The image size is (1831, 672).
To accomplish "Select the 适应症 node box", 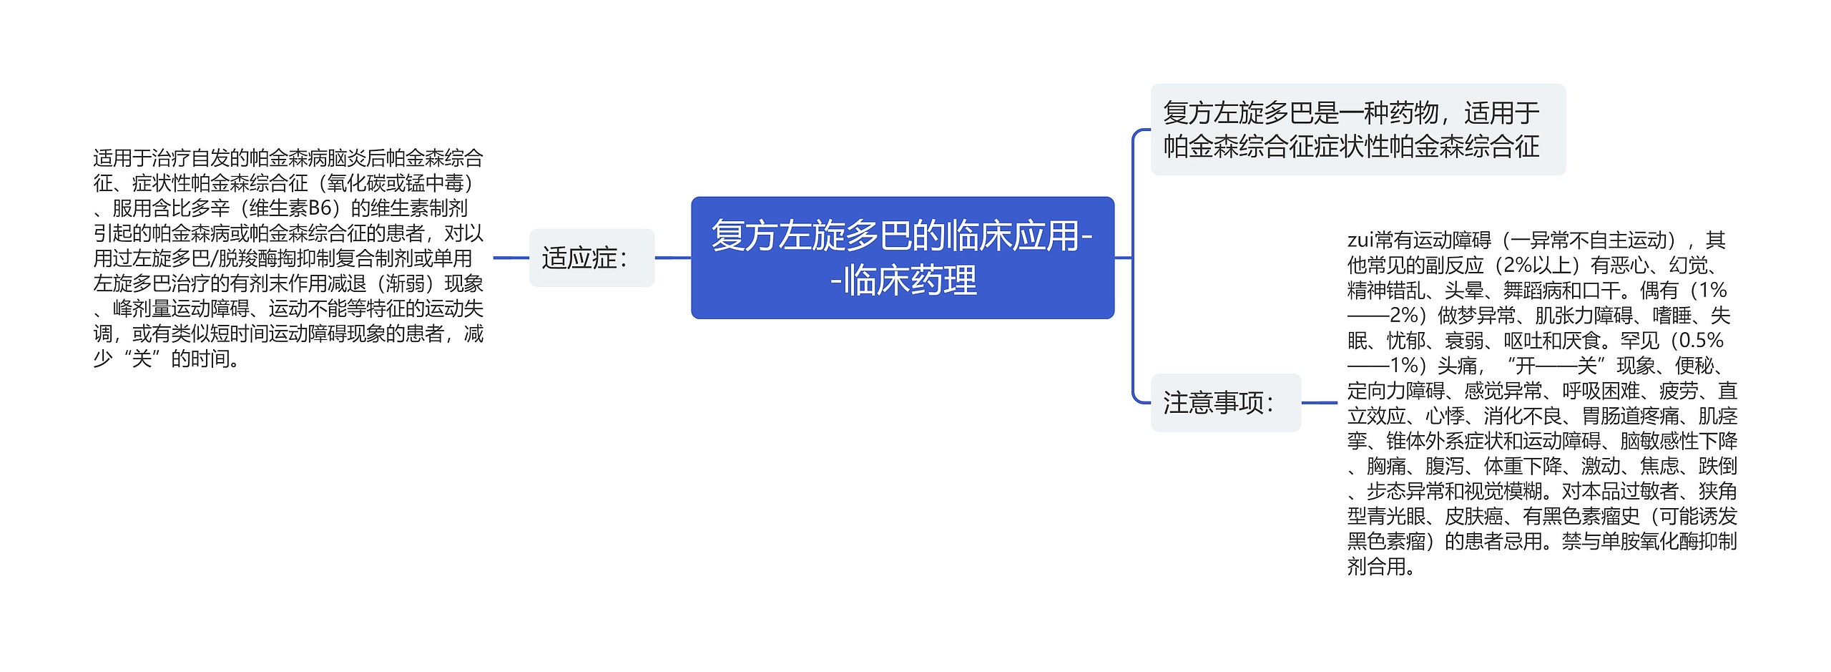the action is tap(591, 258).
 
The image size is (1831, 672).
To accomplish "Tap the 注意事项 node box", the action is tap(1224, 403).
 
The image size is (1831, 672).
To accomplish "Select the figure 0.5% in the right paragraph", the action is tap(1700, 341).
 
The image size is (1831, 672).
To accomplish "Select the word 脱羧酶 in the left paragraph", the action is tap(247, 258).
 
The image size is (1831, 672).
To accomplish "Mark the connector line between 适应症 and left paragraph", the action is tap(511, 258).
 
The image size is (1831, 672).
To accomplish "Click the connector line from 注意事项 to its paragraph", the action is tap(1319, 403).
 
